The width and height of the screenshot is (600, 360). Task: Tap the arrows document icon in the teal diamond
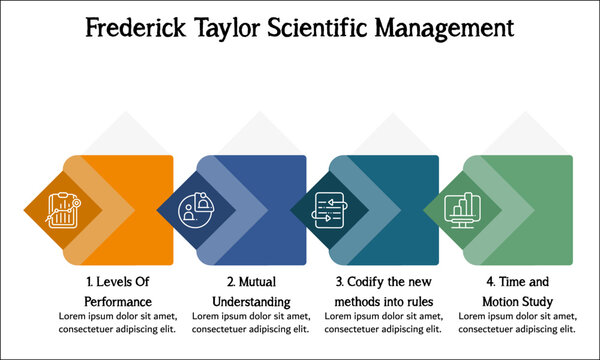click(x=329, y=210)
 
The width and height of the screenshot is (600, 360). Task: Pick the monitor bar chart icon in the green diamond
click(x=463, y=210)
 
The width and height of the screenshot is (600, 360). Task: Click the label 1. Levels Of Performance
click(x=118, y=291)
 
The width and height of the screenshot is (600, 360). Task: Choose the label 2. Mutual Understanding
click(x=251, y=291)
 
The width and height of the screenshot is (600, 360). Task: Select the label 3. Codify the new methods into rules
click(x=384, y=291)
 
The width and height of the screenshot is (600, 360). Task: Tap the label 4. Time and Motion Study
click(x=517, y=291)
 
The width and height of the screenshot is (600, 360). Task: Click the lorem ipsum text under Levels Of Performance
click(x=118, y=322)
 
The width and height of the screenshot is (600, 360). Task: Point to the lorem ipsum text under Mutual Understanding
click(x=251, y=322)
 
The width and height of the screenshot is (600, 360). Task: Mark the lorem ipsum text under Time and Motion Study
click(x=517, y=322)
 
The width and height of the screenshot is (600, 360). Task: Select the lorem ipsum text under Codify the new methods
click(x=384, y=322)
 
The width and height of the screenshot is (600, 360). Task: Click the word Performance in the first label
click(x=118, y=301)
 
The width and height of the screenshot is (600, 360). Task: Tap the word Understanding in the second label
click(x=251, y=301)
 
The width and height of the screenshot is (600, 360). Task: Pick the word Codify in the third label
click(x=364, y=282)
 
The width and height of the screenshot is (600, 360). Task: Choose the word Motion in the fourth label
click(x=502, y=301)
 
